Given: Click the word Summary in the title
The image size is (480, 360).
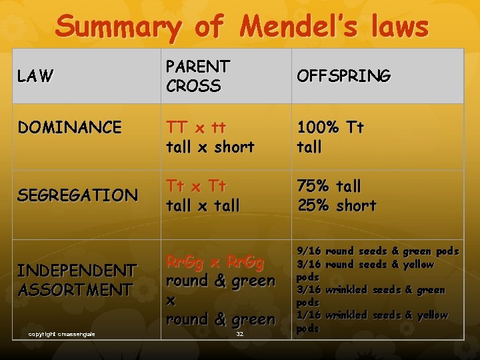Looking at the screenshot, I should (117, 27).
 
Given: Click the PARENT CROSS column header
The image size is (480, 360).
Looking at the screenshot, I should (198, 76).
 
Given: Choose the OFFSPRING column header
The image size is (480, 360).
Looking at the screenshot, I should (343, 77).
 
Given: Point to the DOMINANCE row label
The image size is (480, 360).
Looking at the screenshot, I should (69, 127).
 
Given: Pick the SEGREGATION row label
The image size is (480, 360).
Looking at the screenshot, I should (77, 195).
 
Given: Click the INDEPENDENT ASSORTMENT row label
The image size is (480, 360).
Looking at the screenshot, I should (77, 280).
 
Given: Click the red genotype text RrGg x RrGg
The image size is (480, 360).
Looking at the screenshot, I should (215, 262).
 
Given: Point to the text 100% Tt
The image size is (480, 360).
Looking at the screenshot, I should (331, 127).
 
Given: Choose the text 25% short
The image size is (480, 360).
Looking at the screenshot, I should (337, 205).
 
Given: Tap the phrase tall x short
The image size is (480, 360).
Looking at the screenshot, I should (210, 147).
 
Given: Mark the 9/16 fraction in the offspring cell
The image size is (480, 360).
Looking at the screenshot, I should (309, 251).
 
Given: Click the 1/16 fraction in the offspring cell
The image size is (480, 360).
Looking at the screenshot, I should (309, 315).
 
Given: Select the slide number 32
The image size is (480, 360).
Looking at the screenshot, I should (239, 333).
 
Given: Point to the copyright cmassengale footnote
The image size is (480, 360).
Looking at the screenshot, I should (62, 333).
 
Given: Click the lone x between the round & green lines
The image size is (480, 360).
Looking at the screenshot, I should (171, 301).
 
